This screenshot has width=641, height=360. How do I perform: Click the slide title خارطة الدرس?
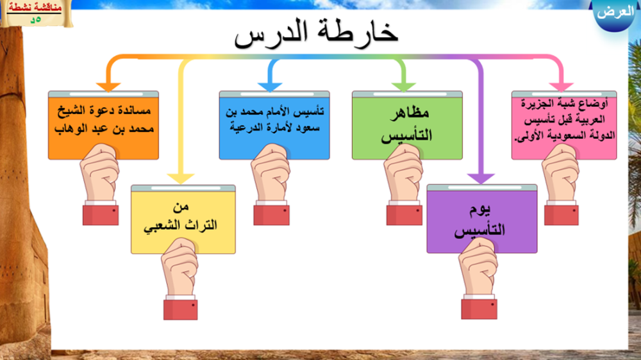[x=315, y=33]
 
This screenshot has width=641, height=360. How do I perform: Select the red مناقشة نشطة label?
[x=35, y=7]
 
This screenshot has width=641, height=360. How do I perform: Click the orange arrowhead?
[x=108, y=86]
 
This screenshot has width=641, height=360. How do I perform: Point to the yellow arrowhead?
[x=181, y=179]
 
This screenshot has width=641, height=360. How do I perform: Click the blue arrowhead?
[x=270, y=86]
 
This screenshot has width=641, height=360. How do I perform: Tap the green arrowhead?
[x=403, y=86]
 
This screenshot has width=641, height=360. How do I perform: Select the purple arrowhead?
[x=481, y=179]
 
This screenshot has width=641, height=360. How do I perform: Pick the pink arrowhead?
[x=562, y=86]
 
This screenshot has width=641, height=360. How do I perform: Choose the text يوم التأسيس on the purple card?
[x=480, y=220]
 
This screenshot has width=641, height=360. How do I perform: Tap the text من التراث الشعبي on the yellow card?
[x=180, y=217]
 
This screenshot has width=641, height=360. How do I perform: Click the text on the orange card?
[x=104, y=119]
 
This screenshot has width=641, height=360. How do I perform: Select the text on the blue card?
[x=274, y=119]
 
